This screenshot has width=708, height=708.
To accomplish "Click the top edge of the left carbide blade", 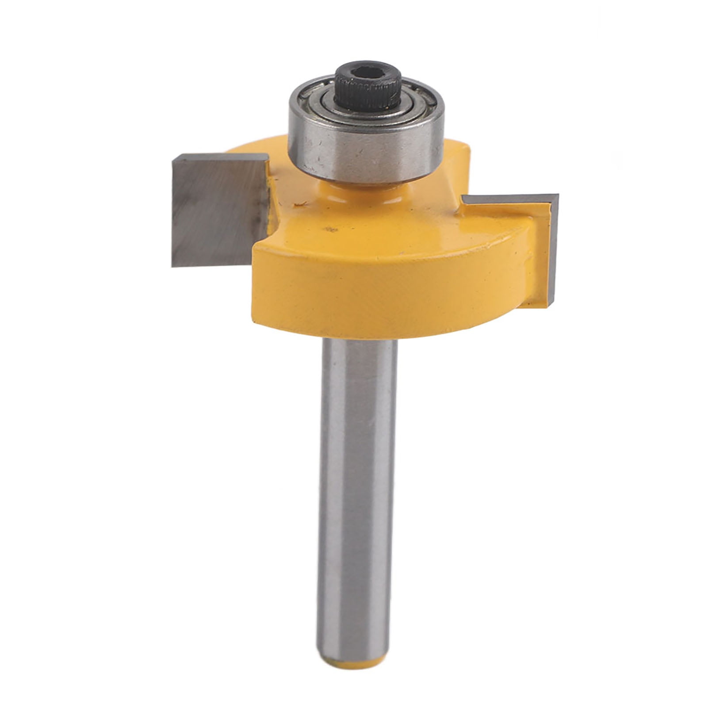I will tap(219, 157).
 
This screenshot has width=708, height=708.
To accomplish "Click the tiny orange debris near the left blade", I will tap(302, 204).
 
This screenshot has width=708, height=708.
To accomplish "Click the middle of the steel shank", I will tap(357, 486).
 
